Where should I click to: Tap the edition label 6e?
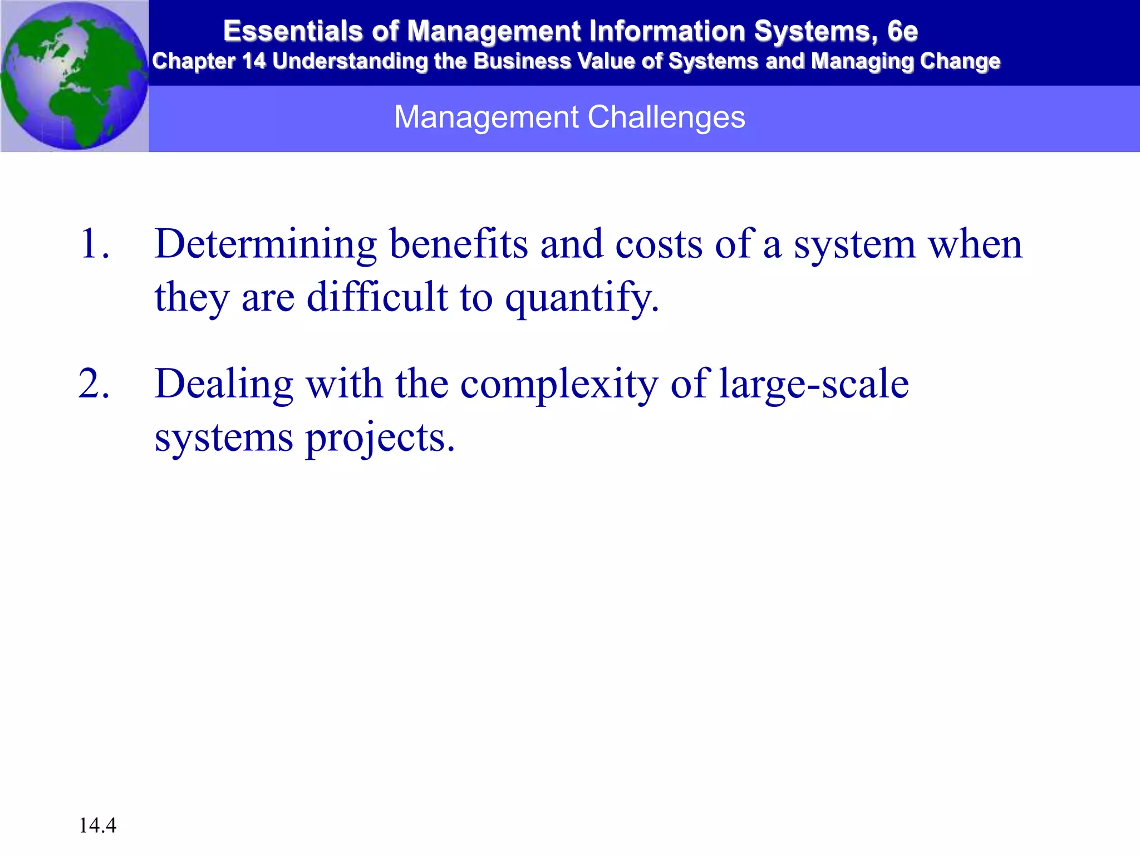(x=902, y=31)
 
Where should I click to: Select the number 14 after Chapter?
(x=254, y=61)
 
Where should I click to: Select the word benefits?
(x=458, y=244)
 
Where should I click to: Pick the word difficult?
(x=377, y=296)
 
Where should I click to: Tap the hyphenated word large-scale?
(x=813, y=384)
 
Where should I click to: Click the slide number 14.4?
(x=97, y=825)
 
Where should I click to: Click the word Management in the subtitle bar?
(x=487, y=117)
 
